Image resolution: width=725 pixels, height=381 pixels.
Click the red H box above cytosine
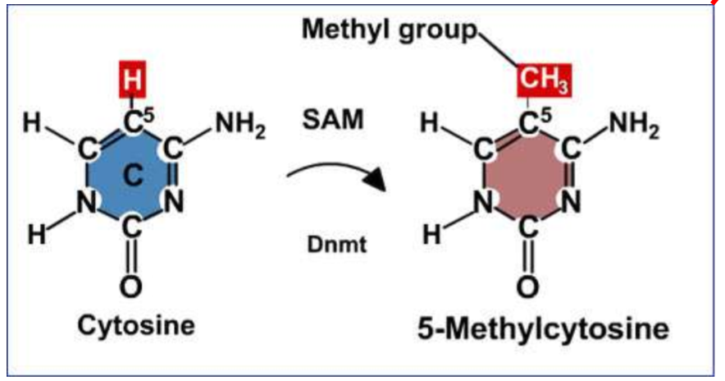coord(131,81)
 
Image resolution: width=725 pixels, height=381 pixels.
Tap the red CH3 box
coord(543,82)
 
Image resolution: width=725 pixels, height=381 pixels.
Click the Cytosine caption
coord(137,324)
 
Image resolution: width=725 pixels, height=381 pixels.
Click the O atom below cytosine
coord(133,287)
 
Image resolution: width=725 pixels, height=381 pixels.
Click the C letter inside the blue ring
coord(133,175)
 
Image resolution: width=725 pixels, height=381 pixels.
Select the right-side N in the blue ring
coord(175,200)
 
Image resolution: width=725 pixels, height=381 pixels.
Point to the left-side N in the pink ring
coord(487,200)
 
